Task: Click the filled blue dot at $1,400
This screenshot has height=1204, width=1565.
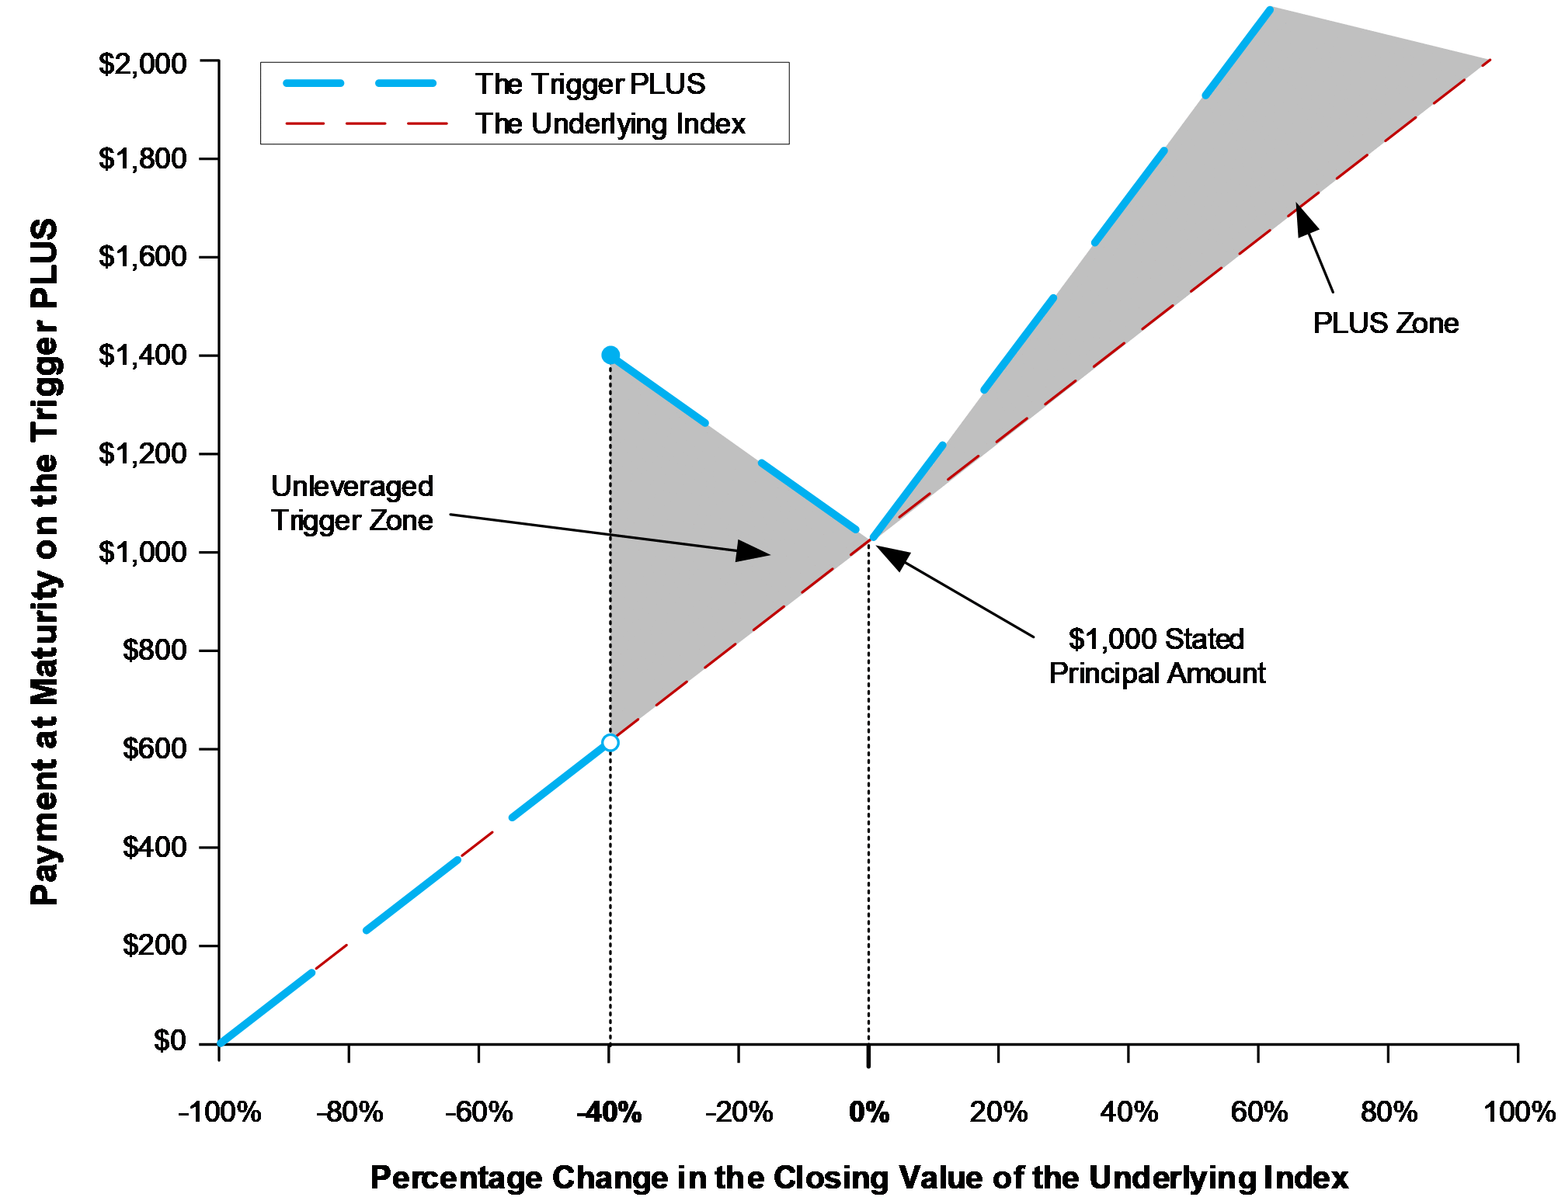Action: [610, 355]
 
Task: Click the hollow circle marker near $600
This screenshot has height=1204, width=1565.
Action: [610, 743]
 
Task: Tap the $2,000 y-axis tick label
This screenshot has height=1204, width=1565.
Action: [143, 63]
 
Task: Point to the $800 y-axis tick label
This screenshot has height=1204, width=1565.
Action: [155, 650]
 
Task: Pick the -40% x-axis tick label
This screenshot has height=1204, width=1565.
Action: [609, 1112]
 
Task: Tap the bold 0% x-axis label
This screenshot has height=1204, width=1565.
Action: [869, 1112]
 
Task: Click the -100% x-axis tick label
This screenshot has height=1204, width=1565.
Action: [220, 1112]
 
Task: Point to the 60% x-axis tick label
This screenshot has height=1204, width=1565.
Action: [1259, 1112]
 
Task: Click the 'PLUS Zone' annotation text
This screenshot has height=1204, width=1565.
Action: [1386, 323]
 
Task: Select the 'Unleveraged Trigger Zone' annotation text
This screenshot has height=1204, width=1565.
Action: [352, 503]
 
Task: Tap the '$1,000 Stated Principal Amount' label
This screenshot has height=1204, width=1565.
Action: [1157, 656]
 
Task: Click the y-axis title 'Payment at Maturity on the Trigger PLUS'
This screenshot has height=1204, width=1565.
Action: [44, 562]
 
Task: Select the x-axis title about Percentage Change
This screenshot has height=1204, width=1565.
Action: [859, 1178]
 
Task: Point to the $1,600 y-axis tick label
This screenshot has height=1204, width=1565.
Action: [143, 256]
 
